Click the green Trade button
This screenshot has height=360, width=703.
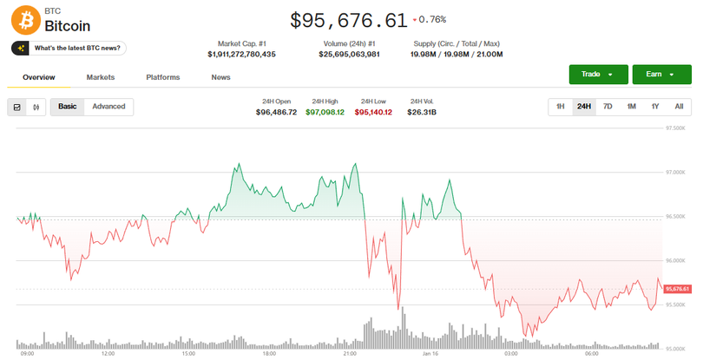click(598, 75)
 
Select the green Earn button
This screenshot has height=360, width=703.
click(661, 75)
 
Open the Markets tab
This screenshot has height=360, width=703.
click(101, 77)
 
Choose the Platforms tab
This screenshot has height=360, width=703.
click(163, 77)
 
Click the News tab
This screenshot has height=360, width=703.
click(220, 77)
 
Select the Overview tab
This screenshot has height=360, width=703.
click(39, 77)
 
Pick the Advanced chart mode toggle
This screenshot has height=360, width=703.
click(108, 107)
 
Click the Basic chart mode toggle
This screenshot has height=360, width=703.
click(67, 107)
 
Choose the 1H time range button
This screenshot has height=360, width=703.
click(561, 107)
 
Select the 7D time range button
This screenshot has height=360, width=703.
click(608, 107)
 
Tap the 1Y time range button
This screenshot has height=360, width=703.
click(655, 107)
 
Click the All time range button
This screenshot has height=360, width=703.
click(679, 107)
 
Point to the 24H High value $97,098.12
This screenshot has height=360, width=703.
click(325, 112)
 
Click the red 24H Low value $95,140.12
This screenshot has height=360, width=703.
click(373, 112)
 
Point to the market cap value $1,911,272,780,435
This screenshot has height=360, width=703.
click(241, 54)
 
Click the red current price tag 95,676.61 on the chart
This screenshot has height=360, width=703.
click(677, 289)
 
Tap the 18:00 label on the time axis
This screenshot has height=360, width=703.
click(268, 354)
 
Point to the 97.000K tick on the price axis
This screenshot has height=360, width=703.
click(676, 173)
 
